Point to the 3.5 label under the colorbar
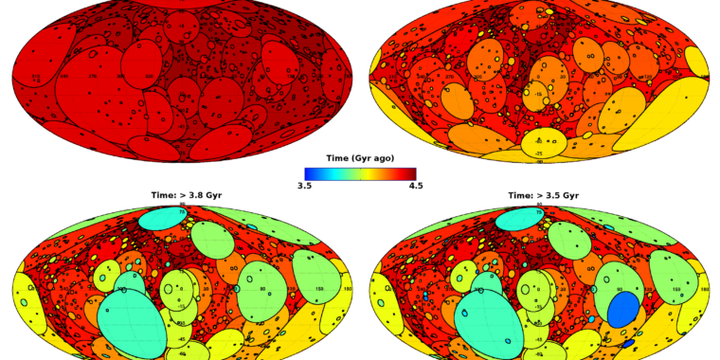304,186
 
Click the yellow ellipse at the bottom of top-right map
543,144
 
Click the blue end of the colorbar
309,173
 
